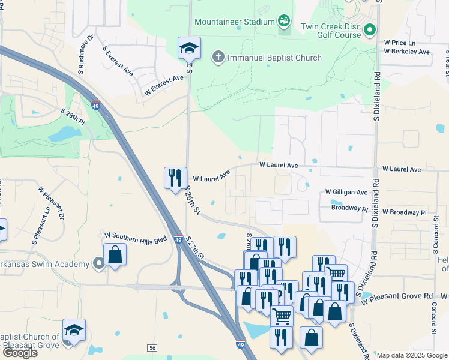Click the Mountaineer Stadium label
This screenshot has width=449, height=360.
pos(234,22)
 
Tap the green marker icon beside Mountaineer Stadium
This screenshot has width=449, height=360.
pos(284,22)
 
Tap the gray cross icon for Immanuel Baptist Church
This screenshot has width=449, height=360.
pos(218,58)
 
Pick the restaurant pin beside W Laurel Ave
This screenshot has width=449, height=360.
pos(175,178)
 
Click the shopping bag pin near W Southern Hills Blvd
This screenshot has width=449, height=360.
pos(115,254)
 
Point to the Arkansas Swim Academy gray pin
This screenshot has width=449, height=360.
pos(99,263)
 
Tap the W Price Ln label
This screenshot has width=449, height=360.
pos(399,43)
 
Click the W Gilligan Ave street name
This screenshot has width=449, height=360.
pos(346,192)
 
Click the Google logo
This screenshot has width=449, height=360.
pos(20,352)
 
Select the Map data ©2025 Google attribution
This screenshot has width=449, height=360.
pos(412,355)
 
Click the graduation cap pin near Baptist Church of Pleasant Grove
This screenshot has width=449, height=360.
pos(74,330)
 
